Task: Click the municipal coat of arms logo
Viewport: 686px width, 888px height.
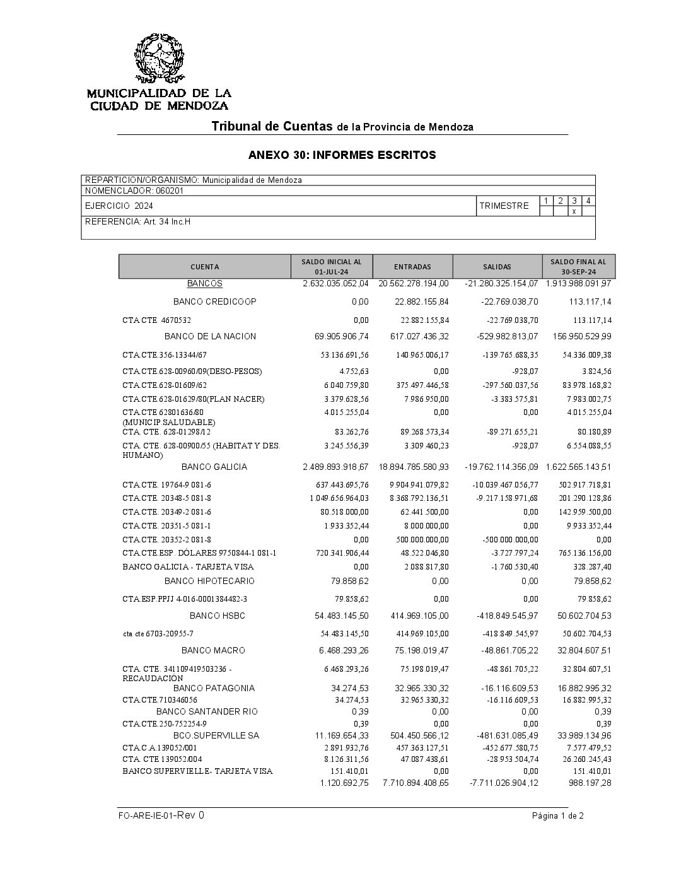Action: click(x=160, y=59)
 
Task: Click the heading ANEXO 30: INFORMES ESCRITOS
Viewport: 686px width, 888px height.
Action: click(x=342, y=155)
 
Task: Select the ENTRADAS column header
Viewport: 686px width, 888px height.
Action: click(x=412, y=267)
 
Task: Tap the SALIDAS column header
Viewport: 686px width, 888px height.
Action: click(x=497, y=267)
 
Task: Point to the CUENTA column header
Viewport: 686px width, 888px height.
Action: click(x=205, y=267)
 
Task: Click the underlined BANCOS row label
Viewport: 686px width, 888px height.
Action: click(x=205, y=284)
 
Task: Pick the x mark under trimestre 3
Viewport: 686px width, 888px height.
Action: click(x=574, y=211)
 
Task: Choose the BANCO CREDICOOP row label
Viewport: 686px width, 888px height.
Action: click(x=214, y=302)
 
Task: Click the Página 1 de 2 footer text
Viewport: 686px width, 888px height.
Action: click(x=557, y=816)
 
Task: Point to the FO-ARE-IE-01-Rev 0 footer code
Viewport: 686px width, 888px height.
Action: click(x=161, y=815)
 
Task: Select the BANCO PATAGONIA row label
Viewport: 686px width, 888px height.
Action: click(x=214, y=688)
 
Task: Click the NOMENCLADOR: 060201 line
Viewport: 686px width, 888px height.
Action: click(x=134, y=190)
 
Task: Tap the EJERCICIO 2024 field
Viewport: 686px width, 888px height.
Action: click(x=119, y=206)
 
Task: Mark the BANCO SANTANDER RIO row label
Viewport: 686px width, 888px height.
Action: click(x=207, y=712)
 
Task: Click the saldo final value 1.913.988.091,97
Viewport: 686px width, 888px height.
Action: click(x=578, y=284)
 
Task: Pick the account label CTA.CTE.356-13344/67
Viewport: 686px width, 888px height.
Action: click(x=165, y=355)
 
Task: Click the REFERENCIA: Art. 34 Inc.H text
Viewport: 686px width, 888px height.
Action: click(x=137, y=221)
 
